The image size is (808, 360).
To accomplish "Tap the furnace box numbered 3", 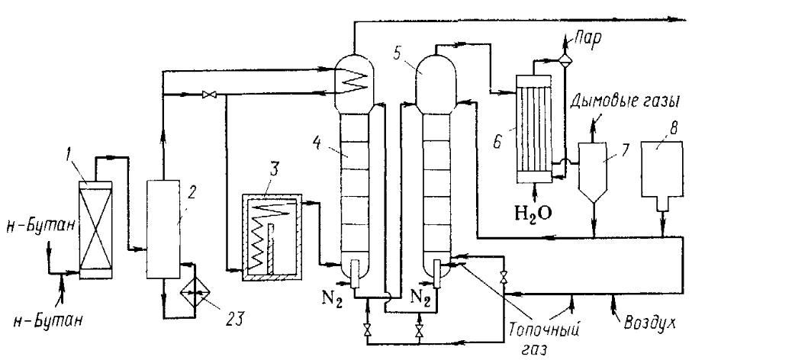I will [271, 237].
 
